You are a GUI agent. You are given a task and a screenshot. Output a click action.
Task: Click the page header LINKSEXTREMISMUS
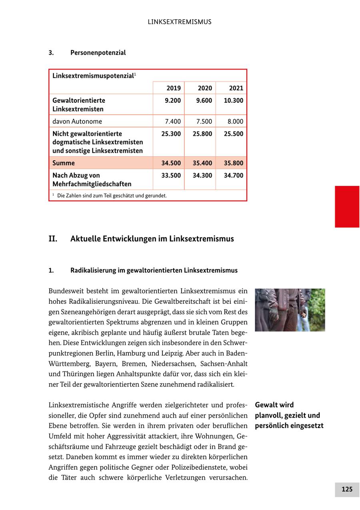tap(180, 22)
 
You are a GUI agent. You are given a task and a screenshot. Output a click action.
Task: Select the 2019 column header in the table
tap(174, 88)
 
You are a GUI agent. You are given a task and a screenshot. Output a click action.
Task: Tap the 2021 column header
tap(236, 88)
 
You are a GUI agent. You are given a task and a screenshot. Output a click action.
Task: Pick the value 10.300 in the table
tap(234, 101)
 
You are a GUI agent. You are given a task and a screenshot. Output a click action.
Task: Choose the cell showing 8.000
tap(236, 122)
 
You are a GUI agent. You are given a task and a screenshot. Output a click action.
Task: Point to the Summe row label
tap(64, 163)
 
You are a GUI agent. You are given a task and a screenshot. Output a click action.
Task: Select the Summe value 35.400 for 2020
tap(202, 163)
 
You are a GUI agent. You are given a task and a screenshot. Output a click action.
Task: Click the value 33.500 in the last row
tap(171, 175)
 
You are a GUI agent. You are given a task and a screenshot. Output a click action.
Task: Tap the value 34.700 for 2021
tap(234, 175)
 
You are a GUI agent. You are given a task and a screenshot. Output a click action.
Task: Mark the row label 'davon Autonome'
tap(77, 122)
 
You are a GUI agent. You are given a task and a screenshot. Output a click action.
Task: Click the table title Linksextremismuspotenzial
tap(93, 76)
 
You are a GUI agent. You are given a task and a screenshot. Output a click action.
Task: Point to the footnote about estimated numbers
tap(112, 196)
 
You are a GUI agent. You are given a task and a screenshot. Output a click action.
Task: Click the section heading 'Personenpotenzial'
tap(98, 53)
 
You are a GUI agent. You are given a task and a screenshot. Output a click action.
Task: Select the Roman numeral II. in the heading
tap(53, 239)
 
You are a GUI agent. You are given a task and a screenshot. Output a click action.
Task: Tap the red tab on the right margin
tap(347, 207)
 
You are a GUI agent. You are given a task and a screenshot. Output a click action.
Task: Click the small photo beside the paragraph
tap(290, 310)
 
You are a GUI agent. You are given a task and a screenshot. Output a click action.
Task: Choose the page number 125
tap(347, 489)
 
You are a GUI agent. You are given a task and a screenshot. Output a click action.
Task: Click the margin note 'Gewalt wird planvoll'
tap(289, 415)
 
